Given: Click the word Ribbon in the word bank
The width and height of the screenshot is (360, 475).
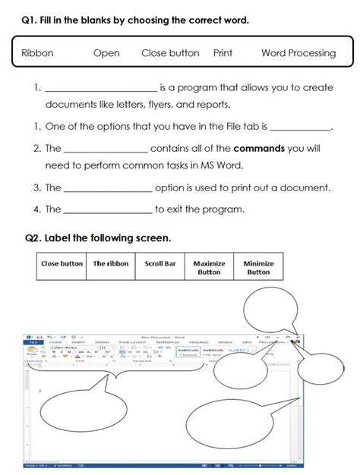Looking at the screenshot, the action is coord(37,53).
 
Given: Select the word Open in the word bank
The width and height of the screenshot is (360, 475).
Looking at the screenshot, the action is coord(107,53).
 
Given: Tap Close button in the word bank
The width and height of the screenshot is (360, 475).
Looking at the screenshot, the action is coord(170,53).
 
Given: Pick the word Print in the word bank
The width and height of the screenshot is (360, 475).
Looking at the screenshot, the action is coord(223,53).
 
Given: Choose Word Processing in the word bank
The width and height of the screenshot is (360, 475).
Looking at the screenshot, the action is coord(298,53).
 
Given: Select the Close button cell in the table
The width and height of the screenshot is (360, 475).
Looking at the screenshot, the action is coord(62,264).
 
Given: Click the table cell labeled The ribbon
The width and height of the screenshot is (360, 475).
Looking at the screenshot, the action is coord(111,264).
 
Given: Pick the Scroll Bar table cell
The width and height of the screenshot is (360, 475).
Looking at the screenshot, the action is coord(160,264).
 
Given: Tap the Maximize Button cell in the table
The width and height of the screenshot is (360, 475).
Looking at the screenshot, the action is coord(209,268).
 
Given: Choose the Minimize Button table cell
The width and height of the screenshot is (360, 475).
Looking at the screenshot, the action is coord(258,268).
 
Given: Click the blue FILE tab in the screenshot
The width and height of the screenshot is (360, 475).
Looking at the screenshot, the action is coord(33,342).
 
